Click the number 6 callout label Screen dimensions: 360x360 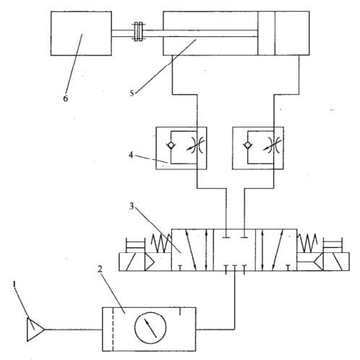(x=65, y=98)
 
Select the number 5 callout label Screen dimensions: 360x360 (x=132, y=93)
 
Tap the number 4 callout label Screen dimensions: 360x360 (x=131, y=155)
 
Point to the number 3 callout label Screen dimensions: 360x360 (x=132, y=207)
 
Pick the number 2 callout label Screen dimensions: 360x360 (x=100, y=269)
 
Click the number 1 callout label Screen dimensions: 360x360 (x=14, y=284)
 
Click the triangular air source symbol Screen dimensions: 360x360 (x=35, y=330)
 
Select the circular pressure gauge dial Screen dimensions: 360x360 (x=150, y=328)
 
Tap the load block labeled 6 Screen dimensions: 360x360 (x=81, y=33)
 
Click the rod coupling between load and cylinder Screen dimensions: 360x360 (x=138, y=32)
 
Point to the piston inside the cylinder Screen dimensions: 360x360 (x=266, y=33)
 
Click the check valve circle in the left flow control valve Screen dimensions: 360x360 (x=171, y=145)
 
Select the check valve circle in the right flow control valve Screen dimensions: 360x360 (x=248, y=145)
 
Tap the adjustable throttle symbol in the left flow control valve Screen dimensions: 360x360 (x=196, y=145)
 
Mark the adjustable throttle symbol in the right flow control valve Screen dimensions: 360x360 (x=273, y=145)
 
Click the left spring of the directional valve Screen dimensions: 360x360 (x=161, y=244)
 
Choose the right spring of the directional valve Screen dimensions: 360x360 (x=307, y=244)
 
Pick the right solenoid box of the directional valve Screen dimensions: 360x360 (x=336, y=262)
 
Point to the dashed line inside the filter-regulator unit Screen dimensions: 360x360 (x=113, y=329)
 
